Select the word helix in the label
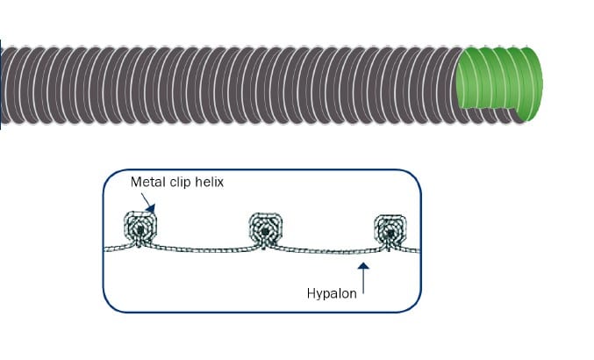click(209, 183)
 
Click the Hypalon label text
click(332, 294)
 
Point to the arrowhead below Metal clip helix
click(151, 208)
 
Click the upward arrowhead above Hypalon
click(363, 266)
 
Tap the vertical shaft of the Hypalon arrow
click(363, 281)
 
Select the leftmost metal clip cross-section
click(140, 229)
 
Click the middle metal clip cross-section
click(266, 230)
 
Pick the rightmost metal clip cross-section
click(390, 232)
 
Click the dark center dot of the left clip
click(140, 229)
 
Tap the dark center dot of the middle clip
click(266, 231)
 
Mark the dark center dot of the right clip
click(390, 233)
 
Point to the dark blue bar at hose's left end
click(0, 84)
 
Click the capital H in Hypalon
click(311, 293)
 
